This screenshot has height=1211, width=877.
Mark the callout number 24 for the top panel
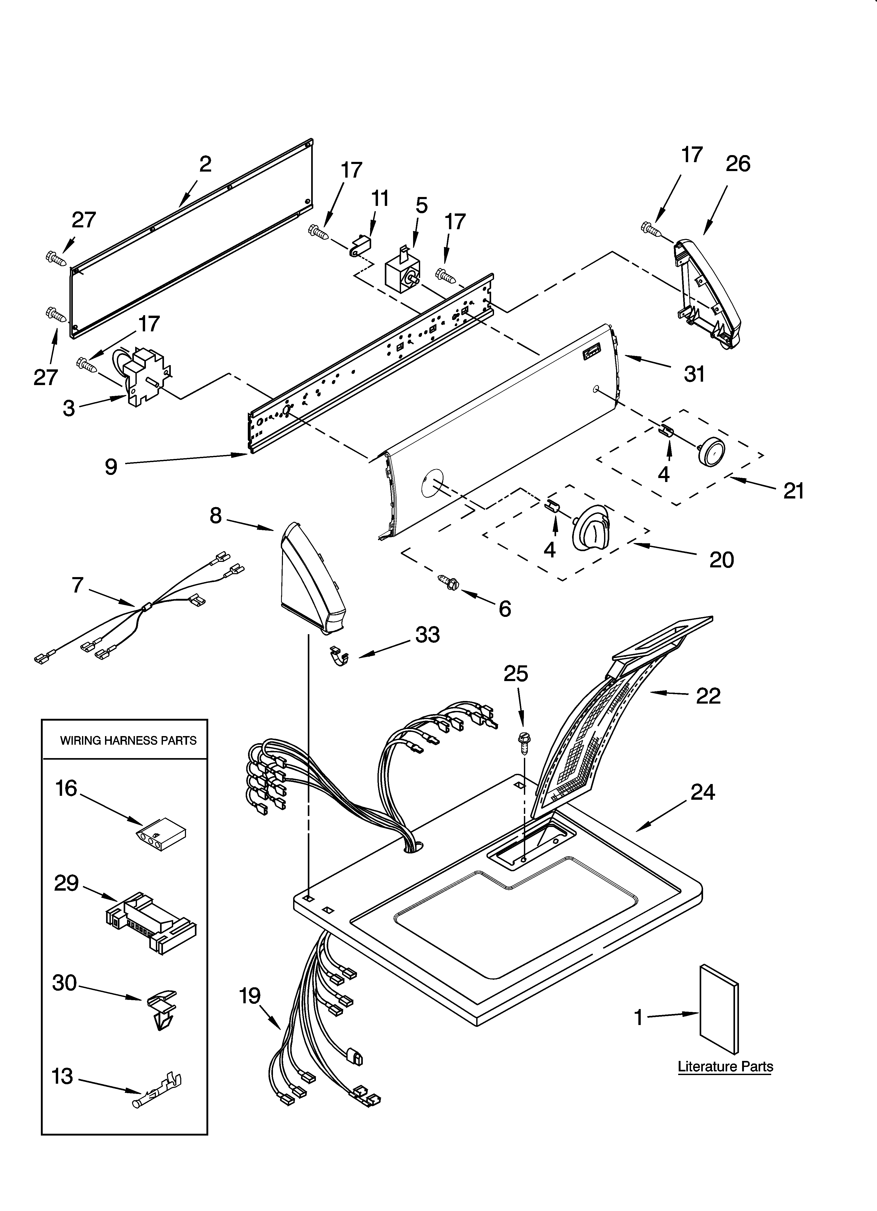pyautogui.click(x=702, y=792)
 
